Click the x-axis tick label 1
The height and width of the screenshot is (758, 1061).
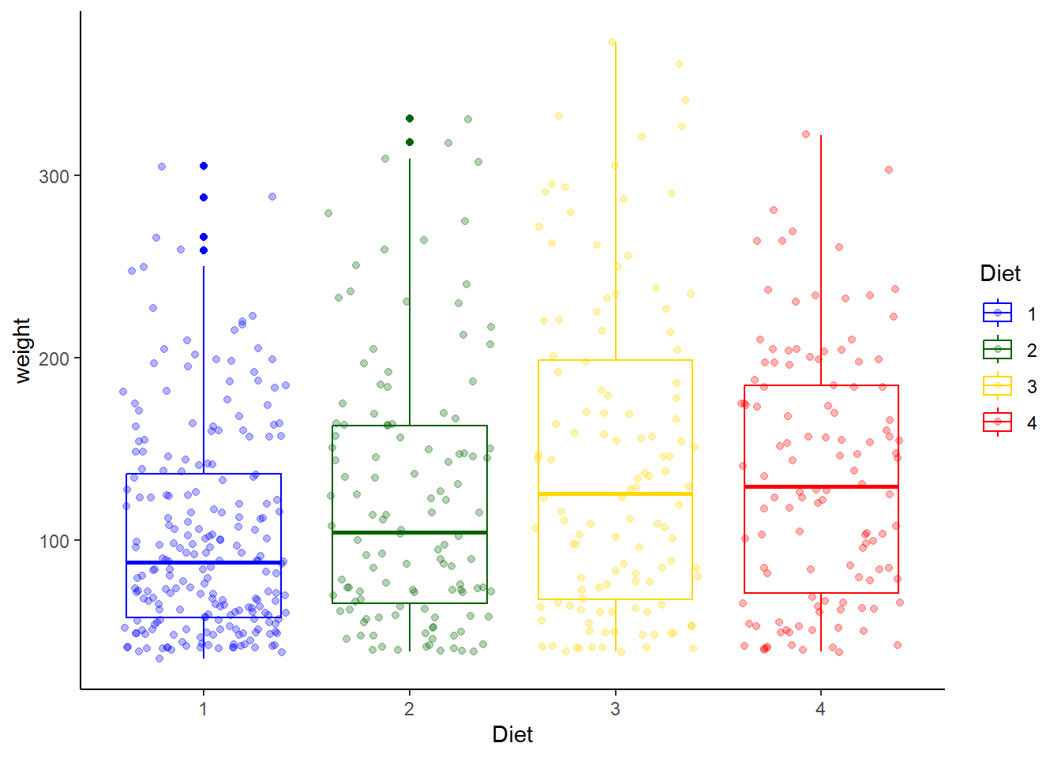[x=204, y=709]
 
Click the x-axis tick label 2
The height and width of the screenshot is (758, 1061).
[x=409, y=709]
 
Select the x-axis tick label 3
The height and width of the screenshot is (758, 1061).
[x=615, y=709]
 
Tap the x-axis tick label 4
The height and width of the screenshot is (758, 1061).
[x=821, y=709]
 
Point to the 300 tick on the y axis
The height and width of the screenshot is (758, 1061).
[x=54, y=176]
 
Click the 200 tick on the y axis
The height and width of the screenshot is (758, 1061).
[x=54, y=358]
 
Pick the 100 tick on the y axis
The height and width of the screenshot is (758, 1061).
[x=54, y=541]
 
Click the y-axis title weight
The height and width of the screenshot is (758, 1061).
[x=22, y=351]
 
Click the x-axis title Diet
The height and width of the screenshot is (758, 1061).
[x=512, y=735]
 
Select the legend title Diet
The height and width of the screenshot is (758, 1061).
[x=1000, y=274]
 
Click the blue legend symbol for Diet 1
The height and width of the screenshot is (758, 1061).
[x=998, y=313]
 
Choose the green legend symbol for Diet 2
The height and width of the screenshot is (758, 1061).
[x=998, y=350]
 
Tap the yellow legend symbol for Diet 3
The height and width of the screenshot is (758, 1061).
[x=998, y=386]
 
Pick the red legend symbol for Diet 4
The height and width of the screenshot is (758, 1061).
[x=998, y=422]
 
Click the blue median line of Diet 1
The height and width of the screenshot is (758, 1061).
[x=204, y=563]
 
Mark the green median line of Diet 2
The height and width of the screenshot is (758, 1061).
[x=409, y=533]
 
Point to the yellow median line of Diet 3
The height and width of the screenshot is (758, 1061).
[x=615, y=494]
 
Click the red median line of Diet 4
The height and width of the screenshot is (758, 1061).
[x=821, y=487]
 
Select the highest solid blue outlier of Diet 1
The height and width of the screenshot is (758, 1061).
[x=204, y=166]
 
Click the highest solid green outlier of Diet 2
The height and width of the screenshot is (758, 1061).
[x=410, y=118]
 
